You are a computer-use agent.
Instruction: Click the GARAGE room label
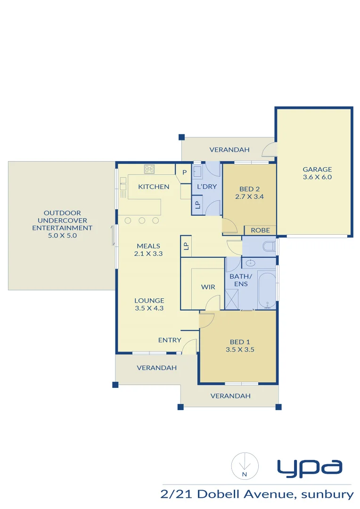[317, 169]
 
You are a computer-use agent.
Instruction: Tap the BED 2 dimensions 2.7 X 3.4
[249, 197]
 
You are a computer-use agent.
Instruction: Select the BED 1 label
[237, 342]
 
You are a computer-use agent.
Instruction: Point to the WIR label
[208, 287]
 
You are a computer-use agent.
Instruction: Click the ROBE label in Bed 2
[260, 230]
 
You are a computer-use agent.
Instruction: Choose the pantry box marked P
[184, 172]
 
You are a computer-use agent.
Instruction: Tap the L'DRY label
[207, 186]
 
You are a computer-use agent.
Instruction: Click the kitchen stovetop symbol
[150, 169]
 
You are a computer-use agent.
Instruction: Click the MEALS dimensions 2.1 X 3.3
[148, 254]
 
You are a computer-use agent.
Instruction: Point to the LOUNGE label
[149, 300]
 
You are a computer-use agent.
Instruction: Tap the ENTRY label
[170, 340]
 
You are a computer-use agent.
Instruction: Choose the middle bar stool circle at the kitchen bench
[142, 221]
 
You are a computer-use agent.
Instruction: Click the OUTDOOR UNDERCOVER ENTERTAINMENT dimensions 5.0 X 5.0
[62, 235]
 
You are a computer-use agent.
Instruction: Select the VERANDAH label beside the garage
[229, 150]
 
